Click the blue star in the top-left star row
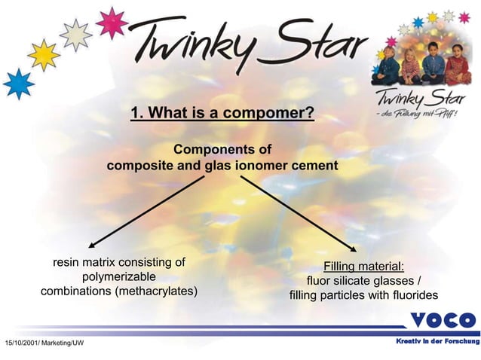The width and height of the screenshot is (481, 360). pyautogui.click(x=17, y=83)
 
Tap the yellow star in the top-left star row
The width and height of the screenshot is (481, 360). pyautogui.click(x=44, y=54)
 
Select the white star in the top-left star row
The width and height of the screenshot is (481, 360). pyautogui.click(x=75, y=34)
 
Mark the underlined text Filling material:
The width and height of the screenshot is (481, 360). pyautogui.click(x=363, y=266)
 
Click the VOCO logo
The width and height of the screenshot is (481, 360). pyautogui.click(x=443, y=320)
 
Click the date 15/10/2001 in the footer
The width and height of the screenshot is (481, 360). pyautogui.click(x=20, y=343)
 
